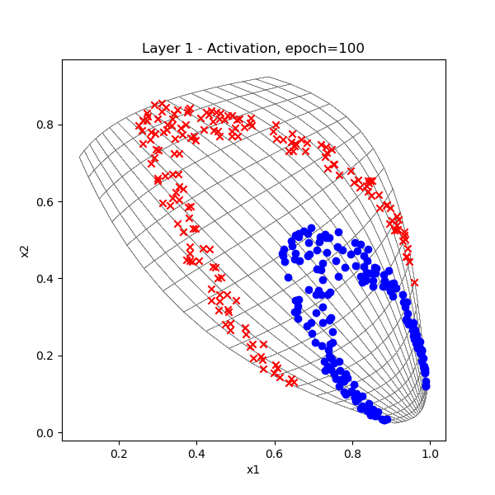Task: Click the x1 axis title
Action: (x=253, y=470)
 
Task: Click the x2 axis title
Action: (x=25, y=249)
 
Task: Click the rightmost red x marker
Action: (x=414, y=282)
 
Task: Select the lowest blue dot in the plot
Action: (x=384, y=420)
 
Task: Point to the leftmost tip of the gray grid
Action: (x=80, y=156)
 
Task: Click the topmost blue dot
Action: (x=311, y=229)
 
